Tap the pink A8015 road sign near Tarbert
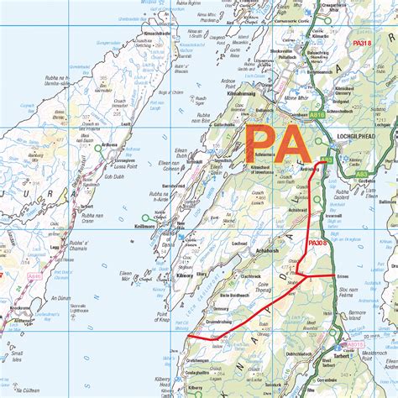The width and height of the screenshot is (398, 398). pos(356,343)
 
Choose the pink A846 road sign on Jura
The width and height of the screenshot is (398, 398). pos(34,275)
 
